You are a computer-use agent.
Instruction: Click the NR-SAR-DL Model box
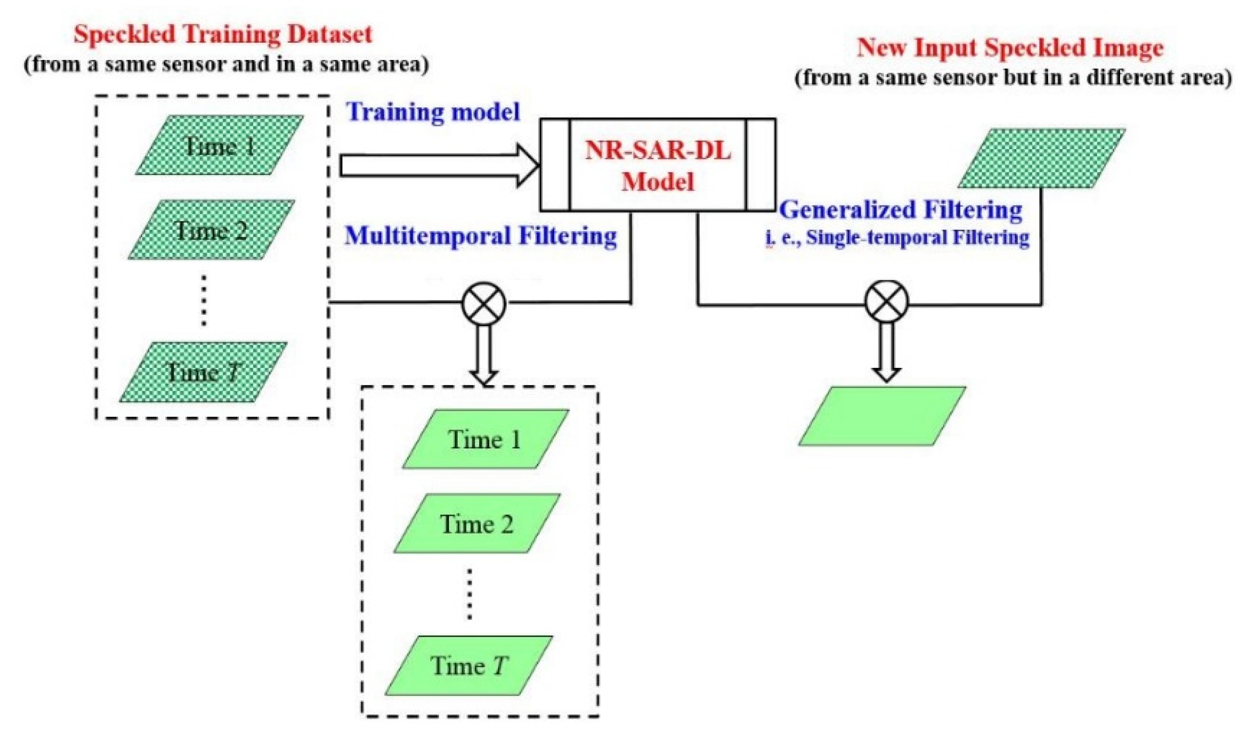[657, 165]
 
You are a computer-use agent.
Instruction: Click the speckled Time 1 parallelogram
[219, 145]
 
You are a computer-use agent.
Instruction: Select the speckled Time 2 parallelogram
[212, 230]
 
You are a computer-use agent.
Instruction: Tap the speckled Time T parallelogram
[204, 372]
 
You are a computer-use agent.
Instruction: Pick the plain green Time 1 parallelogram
[486, 439]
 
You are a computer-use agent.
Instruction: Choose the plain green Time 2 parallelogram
[477, 524]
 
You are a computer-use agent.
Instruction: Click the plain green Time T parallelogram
[469, 665]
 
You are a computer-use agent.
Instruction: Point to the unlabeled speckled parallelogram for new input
[1041, 158]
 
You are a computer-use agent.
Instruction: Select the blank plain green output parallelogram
[882, 416]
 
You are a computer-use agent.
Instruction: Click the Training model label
[433, 112]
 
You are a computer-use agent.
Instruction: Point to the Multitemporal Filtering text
[480, 236]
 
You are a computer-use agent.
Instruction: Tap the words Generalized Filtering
[900, 210]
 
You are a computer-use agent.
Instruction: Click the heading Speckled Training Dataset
[223, 34]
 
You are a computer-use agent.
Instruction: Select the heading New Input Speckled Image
[1010, 48]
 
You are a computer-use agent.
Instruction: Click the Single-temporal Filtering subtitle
[917, 238]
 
